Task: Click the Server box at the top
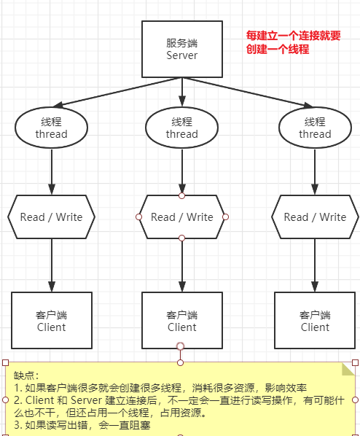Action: [181, 49]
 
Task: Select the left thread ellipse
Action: [51, 128]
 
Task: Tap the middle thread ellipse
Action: [181, 128]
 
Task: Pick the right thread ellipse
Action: [314, 128]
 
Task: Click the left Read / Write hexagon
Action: [51, 217]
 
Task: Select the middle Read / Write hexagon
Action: [181, 217]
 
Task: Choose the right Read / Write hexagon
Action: [315, 217]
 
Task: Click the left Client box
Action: [51, 321]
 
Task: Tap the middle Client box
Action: [181, 321]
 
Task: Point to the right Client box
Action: [315, 321]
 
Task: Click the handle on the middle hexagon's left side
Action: [138, 217]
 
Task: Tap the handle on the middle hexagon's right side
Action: [226, 217]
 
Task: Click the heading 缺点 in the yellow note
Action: [26, 375]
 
